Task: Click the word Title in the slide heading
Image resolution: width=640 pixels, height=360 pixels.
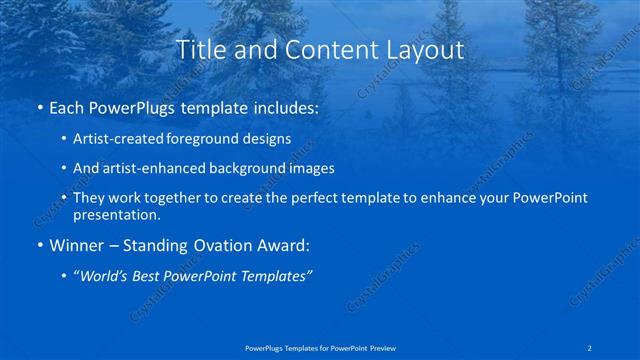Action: pos(200,49)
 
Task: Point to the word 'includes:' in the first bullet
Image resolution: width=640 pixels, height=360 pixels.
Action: pos(283,106)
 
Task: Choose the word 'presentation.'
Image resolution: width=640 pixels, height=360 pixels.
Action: pos(116,214)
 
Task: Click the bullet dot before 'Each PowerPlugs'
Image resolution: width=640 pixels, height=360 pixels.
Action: pos(39,107)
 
